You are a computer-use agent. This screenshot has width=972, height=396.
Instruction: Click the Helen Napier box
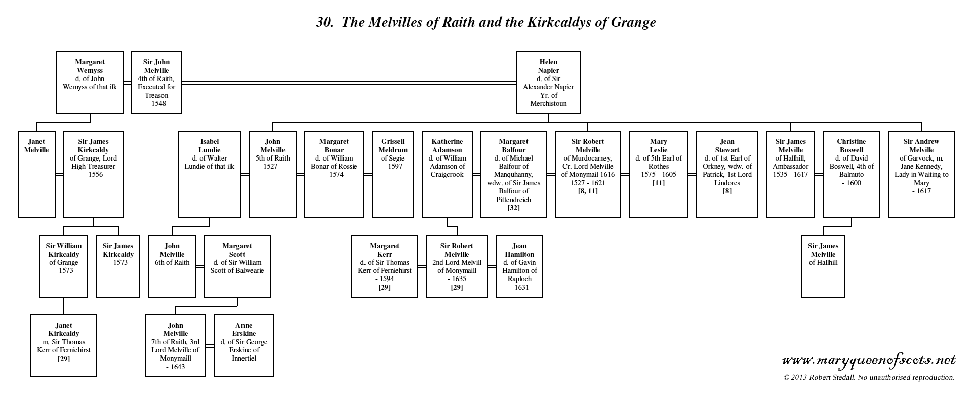548,83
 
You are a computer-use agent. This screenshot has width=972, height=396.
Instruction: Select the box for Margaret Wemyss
90,83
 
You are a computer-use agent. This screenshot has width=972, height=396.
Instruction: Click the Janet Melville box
36,174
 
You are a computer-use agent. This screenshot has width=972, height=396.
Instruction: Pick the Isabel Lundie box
209,174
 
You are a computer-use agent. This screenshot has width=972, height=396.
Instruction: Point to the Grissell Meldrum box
392,174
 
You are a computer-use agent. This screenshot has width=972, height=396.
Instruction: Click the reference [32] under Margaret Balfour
513,208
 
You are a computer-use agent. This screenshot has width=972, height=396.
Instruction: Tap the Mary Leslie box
658,174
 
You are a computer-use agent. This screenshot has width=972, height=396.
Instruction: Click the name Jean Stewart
727,146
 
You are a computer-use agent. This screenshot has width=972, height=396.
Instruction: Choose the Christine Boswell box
851,174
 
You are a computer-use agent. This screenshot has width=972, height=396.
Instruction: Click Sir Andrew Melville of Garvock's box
921,174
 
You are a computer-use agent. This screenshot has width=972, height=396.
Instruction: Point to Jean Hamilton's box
519,266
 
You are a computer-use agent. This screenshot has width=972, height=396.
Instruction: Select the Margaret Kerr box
384,266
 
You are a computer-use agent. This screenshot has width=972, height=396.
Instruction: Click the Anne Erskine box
244,345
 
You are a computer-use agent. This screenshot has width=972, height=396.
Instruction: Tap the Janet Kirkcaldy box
64,345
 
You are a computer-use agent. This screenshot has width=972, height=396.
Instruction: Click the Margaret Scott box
237,266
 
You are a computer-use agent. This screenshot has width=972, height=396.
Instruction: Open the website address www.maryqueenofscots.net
869,361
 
